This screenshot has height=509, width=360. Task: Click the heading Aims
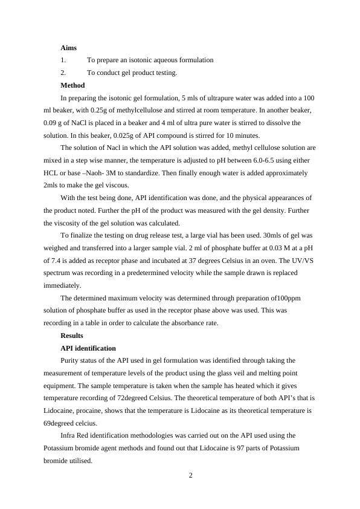click(x=68, y=47)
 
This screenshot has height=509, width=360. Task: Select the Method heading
click(x=72, y=85)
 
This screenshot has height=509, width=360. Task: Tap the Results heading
click(x=72, y=336)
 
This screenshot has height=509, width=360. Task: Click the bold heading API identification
click(x=88, y=348)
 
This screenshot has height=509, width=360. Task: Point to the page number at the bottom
click(x=190, y=475)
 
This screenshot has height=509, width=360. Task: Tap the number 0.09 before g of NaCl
click(x=51, y=123)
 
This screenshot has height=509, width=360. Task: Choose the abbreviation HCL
click(x=52, y=173)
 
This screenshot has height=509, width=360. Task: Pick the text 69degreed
click(x=60, y=423)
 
